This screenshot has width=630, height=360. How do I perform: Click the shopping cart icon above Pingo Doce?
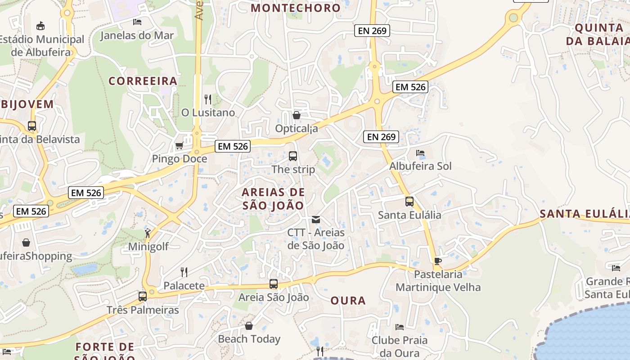pyautogui.click(x=179, y=145)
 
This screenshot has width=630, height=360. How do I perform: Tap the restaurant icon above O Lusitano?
pyautogui.click(x=207, y=99)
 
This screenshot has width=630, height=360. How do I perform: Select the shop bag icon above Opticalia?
pyautogui.click(x=296, y=115)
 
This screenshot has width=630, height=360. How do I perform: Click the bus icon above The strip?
pyautogui.click(x=293, y=156)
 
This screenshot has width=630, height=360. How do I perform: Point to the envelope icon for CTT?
pyautogui.click(x=316, y=220)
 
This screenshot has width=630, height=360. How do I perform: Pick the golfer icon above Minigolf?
pyautogui.click(x=148, y=233)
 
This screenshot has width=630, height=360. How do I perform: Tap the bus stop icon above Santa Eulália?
pyautogui.click(x=409, y=202)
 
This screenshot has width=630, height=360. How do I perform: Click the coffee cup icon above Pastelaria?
pyautogui.click(x=437, y=261)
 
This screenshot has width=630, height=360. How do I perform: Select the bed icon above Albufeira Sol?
pyautogui.click(x=420, y=153)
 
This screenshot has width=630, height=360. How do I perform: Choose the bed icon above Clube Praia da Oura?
pyautogui.click(x=399, y=327)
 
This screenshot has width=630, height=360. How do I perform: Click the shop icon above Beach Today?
pyautogui.click(x=249, y=326)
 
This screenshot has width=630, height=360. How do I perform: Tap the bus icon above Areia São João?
pyautogui.click(x=273, y=284)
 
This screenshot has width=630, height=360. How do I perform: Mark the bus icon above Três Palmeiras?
pyautogui.click(x=143, y=297)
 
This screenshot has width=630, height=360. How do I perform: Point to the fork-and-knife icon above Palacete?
pyautogui.click(x=184, y=272)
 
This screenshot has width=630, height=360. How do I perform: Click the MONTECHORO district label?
pyautogui.click(x=296, y=8)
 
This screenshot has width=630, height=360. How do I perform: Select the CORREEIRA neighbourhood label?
pyautogui.click(x=143, y=81)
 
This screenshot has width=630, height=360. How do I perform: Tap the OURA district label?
pyautogui.click(x=348, y=301)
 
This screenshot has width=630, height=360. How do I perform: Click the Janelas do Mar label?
pyautogui.click(x=137, y=35)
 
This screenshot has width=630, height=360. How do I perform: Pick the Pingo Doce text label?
pyautogui.click(x=180, y=159)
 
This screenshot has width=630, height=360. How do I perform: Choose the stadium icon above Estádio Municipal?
pyautogui.click(x=40, y=26)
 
